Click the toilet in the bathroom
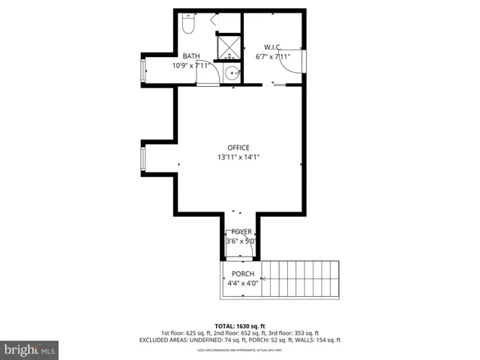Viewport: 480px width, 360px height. pyautogui.click(x=187, y=25)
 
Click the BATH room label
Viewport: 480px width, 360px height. pyautogui.click(x=191, y=56)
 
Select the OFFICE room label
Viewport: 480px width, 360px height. pyautogui.click(x=238, y=148)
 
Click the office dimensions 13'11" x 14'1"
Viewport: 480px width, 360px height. pyautogui.click(x=238, y=157)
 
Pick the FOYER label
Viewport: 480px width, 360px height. pyautogui.click(x=241, y=232)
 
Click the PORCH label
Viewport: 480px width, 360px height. pyautogui.click(x=242, y=274)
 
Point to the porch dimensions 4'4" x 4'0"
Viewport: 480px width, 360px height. pyautogui.click(x=242, y=283)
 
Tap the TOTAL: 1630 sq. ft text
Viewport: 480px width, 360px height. pyautogui.click(x=240, y=326)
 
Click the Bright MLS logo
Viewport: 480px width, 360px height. pyautogui.click(x=29, y=349)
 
